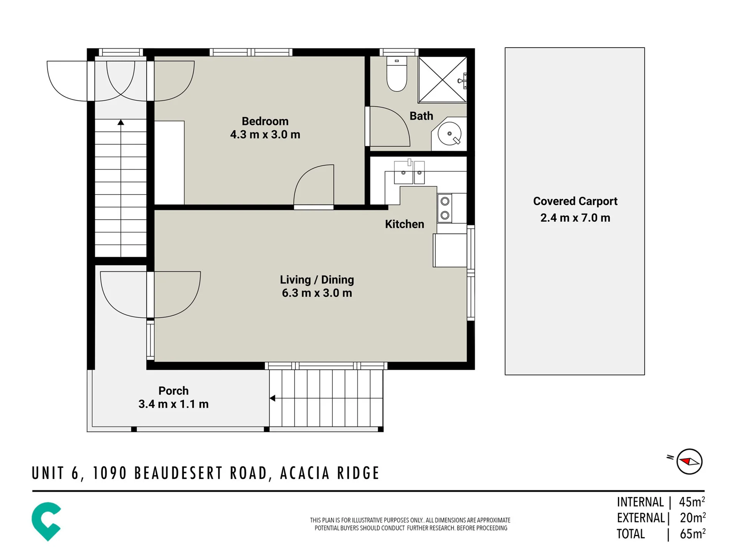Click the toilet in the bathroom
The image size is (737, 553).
coord(397,74)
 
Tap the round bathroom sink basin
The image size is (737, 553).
coord(449,134)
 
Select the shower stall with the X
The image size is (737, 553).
coord(442,80)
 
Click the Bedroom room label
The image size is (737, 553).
coord(265,121)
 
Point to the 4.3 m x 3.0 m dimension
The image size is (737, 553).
coord(265,135)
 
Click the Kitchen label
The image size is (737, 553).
coord(404,224)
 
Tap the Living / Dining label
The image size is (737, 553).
coord(317,280)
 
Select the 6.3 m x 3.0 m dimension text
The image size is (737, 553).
coord(317,293)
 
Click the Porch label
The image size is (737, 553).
coord(174,391)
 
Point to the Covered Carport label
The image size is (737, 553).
coord(575,201)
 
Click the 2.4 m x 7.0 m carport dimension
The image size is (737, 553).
coord(575,218)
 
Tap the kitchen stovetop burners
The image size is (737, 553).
coord(445,208)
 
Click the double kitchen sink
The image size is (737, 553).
coord(409,172)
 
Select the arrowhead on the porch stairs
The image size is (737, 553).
coord(272,398)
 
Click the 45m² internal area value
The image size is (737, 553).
coord(692,502)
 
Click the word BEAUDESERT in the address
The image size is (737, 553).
coord(201,473)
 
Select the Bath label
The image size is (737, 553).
coord(421,116)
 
